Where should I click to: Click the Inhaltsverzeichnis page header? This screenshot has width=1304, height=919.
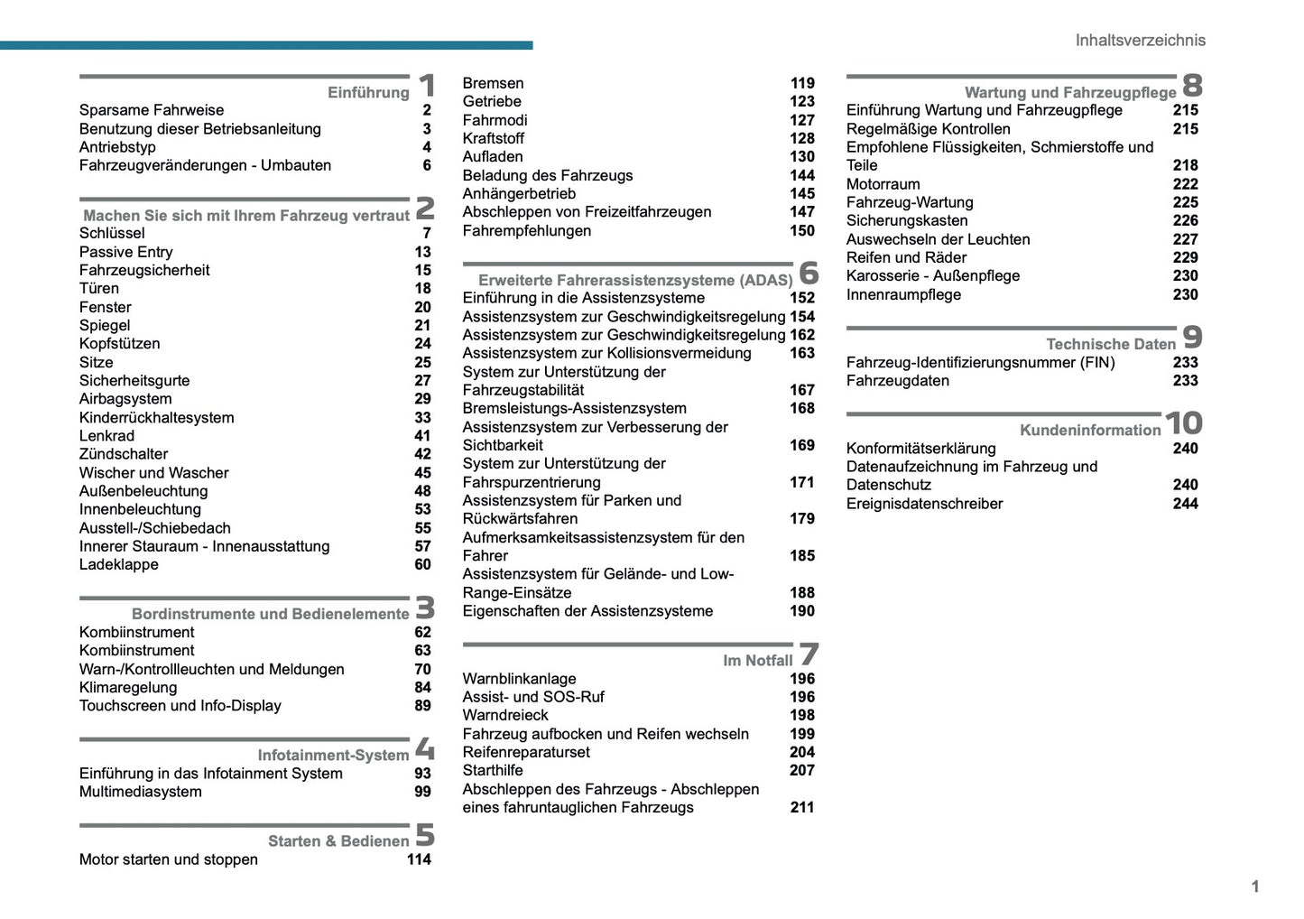pos(1140,40)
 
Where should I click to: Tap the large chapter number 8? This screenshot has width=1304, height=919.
pos(1192,85)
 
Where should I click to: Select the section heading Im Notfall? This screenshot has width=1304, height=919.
pos(757,661)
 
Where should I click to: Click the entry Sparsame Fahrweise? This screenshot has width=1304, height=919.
pos(152,110)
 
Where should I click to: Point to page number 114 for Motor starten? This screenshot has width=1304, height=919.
pos(419,859)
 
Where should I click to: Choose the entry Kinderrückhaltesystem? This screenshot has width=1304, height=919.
pos(156,418)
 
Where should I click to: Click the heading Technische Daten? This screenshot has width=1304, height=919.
pos(1110,344)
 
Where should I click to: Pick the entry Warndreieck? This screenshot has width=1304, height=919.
pos(505,715)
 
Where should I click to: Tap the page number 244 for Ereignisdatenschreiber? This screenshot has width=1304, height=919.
pos(1185,504)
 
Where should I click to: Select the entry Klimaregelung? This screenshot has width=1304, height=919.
pos(128,687)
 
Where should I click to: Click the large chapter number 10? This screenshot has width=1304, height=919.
pos(1183,423)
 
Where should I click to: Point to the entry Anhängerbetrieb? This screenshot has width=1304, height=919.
pos(519,193)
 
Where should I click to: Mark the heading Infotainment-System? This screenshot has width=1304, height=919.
pos(333,755)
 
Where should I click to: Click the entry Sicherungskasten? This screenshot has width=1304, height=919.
pos(907,220)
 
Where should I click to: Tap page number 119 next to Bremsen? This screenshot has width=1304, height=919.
pos(802,83)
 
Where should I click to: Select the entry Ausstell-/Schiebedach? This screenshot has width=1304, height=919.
pos(155,528)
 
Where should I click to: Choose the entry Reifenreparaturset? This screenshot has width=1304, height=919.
pos(526,752)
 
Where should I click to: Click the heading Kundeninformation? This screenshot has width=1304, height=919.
pos(1090,431)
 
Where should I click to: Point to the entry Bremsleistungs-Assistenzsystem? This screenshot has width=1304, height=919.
pos(574,408)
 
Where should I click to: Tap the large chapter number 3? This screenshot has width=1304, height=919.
pos(425,607)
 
